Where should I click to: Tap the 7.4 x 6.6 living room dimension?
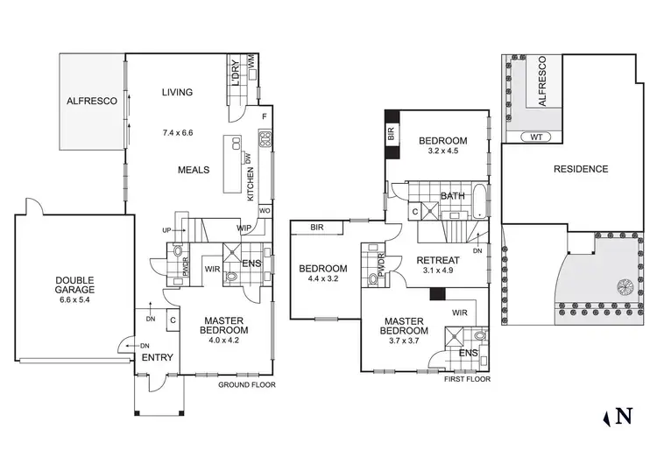177,133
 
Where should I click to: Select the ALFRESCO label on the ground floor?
91,102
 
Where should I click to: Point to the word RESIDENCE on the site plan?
580,169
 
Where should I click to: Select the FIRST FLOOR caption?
467,379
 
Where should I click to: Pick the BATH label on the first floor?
452,196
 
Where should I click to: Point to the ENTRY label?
159,357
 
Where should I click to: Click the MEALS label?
194,170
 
